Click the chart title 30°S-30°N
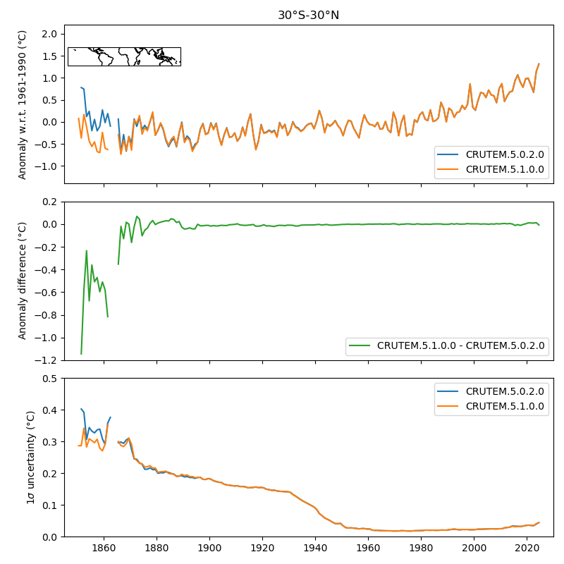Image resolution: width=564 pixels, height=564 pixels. (x=308, y=15)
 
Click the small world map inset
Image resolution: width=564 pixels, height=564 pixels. (x=124, y=56)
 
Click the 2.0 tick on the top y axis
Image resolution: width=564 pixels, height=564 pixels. (x=49, y=34)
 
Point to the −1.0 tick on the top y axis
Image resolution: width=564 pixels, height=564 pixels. (x=47, y=166)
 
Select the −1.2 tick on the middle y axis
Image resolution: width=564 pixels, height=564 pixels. (x=47, y=360)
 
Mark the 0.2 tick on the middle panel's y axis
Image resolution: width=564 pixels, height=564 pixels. (x=49, y=202)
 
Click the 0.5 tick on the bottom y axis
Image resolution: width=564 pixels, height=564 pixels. (x=49, y=379)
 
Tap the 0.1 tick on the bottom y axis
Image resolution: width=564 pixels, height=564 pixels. (x=49, y=505)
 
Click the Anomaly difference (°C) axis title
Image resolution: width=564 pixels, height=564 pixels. (x=23, y=281)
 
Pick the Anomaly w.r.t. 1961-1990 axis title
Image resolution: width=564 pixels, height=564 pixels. (x=23, y=104)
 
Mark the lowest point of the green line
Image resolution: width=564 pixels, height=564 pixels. (x=81, y=353)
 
